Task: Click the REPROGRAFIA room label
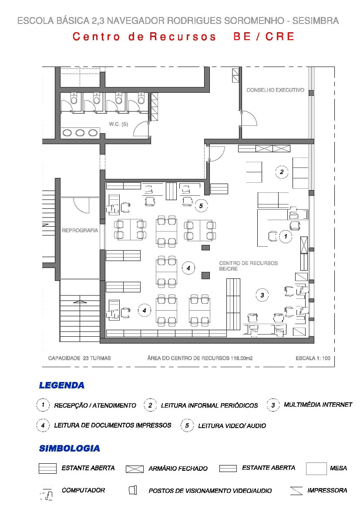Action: tap(80, 231)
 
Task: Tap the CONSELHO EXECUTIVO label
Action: tap(275, 90)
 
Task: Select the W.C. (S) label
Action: tap(118, 124)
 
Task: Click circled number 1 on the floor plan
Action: tap(286, 236)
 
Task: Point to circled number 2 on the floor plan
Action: tap(282, 172)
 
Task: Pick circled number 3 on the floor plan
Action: tap(262, 295)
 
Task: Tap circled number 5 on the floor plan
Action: tap(201, 206)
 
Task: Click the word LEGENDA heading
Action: tap(62, 385)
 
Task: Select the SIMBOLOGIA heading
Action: tap(70, 448)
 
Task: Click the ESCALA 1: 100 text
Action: tap(313, 358)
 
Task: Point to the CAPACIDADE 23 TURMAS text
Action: tap(80, 358)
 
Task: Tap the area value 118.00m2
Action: tap(242, 358)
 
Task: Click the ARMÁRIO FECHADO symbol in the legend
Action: tap(135, 469)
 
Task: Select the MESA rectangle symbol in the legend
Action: tap(316, 469)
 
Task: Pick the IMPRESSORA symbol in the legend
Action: tap(296, 491)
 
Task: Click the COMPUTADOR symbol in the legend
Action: tap(47, 493)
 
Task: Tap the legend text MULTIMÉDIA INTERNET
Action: tap(318, 405)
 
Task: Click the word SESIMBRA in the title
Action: tap(316, 21)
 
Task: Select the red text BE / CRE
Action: tap(264, 37)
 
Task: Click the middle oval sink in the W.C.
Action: tap(80, 133)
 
